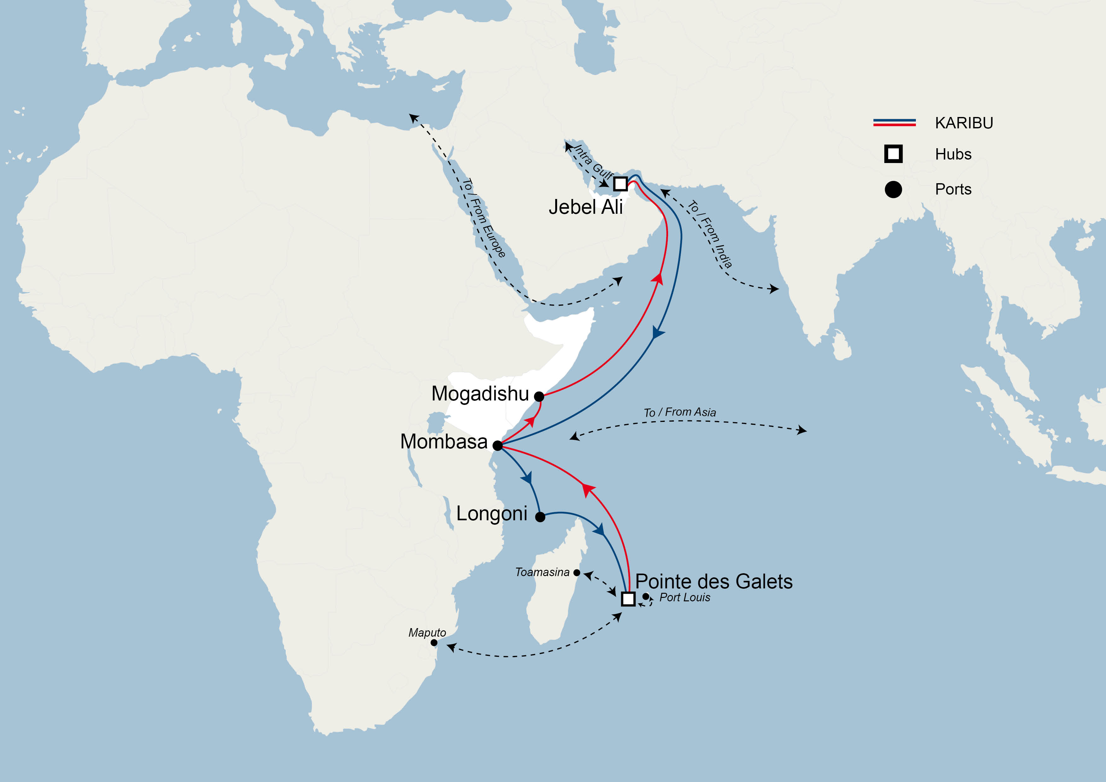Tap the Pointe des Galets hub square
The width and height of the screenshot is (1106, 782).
[628, 598]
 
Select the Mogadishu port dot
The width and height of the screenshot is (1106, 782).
[539, 397]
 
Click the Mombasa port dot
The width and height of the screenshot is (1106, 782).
[498, 446]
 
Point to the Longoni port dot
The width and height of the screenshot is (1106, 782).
[540, 517]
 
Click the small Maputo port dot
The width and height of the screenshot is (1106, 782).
[434, 643]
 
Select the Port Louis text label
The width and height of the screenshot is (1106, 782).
[684, 598]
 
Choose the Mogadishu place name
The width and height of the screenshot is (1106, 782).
[480, 394]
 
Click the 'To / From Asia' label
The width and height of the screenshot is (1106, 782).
[680, 412]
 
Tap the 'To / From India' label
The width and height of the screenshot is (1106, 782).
[710, 234]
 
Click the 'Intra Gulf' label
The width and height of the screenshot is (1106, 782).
[593, 162]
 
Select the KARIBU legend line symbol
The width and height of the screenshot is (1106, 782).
[894, 122]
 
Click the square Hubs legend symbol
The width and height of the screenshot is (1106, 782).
[893, 154]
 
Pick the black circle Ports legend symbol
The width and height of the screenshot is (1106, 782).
[893, 190]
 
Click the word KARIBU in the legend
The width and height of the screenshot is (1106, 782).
[963, 123]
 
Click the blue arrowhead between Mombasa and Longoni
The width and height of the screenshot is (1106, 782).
[527, 478]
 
